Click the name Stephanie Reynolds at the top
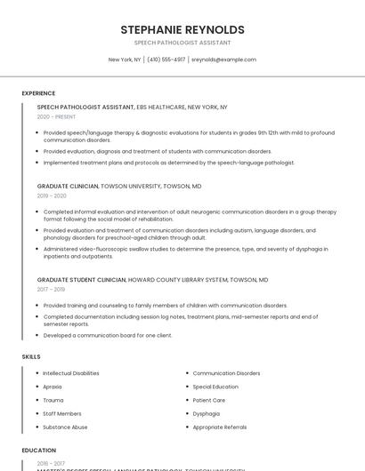182,30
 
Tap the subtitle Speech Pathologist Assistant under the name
182,43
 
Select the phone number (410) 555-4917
166,60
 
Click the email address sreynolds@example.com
223,60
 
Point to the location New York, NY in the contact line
125,60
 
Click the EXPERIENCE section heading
38,92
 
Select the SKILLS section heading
31,356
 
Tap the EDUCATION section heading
39,451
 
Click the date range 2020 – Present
56,116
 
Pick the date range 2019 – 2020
52,196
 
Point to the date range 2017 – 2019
51,289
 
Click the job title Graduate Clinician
68,187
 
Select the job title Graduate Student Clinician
81,280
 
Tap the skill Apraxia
53,387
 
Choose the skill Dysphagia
206,413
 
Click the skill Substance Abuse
65,427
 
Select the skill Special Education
215,387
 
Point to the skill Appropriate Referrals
220,427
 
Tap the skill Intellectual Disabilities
71,373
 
